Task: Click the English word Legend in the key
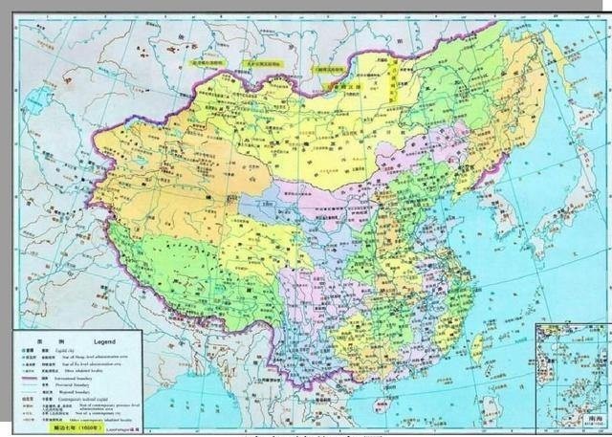pos(105,341)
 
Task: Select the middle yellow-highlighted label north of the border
pos(262,64)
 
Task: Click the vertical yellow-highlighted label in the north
pos(392,81)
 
